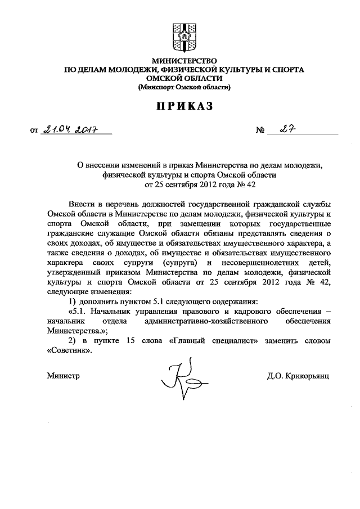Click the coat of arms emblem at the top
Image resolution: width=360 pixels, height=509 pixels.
click(x=184, y=35)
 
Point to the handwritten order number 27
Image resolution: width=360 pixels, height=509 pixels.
click(x=290, y=130)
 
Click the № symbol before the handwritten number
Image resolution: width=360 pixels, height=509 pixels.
click(x=260, y=132)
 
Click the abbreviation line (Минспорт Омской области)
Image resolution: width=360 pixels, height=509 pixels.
click(x=184, y=88)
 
